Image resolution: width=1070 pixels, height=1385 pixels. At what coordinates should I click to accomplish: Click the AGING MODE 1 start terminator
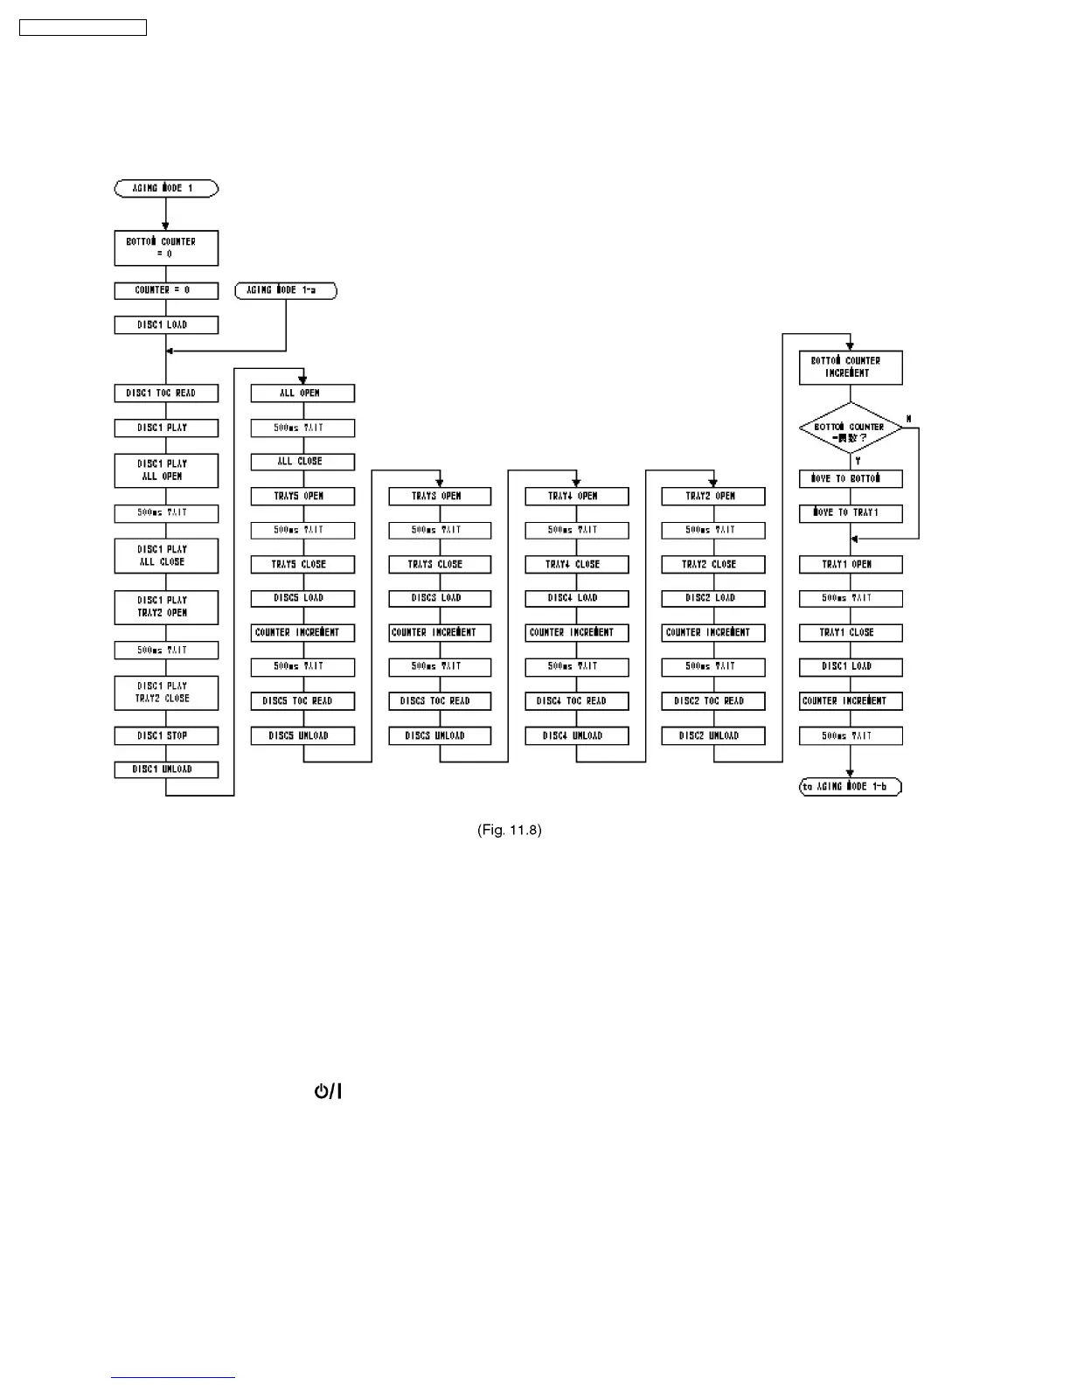[166, 188]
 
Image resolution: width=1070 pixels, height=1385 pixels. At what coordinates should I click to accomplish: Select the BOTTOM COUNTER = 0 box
[166, 247]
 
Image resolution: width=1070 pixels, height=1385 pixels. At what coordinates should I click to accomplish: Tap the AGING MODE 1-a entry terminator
[286, 290]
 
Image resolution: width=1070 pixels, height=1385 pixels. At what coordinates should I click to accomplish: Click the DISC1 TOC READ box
[166, 393]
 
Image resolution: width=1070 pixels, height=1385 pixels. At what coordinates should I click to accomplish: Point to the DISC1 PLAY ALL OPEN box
[166, 470]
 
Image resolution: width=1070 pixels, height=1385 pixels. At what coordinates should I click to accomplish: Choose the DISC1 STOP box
[166, 735]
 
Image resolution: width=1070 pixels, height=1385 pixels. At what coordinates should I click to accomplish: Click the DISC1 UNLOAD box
[166, 769]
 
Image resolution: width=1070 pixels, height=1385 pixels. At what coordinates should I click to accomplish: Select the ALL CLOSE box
[302, 462]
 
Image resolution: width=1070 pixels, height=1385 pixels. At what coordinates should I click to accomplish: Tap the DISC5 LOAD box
[302, 598]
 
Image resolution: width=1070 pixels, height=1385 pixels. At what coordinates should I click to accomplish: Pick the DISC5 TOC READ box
[302, 701]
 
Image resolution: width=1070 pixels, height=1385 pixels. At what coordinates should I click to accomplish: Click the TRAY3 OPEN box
[440, 496]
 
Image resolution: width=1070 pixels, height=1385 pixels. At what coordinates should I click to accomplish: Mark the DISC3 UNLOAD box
[440, 735]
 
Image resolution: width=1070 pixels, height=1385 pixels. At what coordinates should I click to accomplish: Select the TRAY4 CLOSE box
[576, 564]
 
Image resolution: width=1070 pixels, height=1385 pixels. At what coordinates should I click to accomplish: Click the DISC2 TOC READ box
[713, 701]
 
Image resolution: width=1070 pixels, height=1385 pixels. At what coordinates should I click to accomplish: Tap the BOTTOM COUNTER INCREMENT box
[851, 367]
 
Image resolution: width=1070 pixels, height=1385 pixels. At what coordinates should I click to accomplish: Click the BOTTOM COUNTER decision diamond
[851, 428]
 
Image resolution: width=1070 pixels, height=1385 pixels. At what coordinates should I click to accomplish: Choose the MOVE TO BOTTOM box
[851, 479]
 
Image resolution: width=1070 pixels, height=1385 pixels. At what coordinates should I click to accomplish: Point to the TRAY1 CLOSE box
[851, 632]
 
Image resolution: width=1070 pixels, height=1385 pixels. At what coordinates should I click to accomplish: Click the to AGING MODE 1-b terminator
[851, 787]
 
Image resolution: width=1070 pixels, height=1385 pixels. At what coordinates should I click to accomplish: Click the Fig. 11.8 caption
[510, 830]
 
